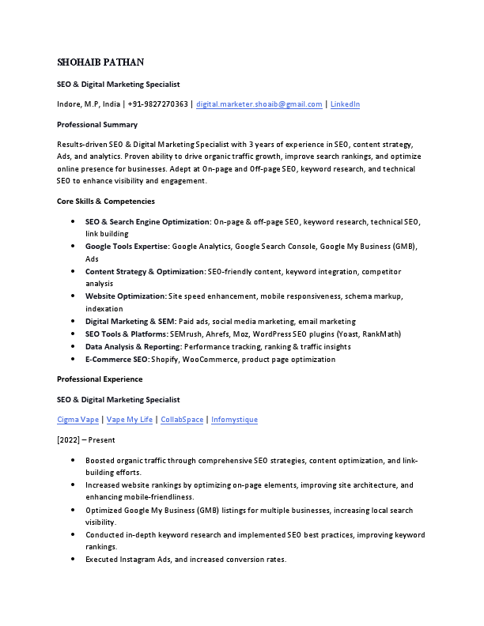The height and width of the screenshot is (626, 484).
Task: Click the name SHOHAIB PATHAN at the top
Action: (x=100, y=62)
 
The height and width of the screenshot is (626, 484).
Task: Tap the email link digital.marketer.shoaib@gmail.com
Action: (x=259, y=104)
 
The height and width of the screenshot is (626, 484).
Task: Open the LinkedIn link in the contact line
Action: (x=345, y=104)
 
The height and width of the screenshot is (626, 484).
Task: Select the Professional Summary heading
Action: (x=97, y=125)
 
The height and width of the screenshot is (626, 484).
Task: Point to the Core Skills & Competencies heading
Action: (x=106, y=202)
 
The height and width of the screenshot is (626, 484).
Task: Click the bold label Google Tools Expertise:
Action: (x=127, y=247)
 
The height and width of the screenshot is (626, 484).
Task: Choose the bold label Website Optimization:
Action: (x=126, y=296)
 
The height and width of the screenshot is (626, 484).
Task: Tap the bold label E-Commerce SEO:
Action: (x=117, y=360)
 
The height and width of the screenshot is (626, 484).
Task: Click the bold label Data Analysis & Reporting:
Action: (x=134, y=347)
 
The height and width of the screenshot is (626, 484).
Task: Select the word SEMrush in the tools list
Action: (x=186, y=334)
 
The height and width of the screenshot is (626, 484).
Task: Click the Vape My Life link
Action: (x=129, y=420)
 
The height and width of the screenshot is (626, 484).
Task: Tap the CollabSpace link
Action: (x=182, y=420)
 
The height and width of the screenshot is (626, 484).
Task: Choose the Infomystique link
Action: (x=234, y=420)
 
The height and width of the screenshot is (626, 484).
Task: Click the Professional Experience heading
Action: (x=100, y=379)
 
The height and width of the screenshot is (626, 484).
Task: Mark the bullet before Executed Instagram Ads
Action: (x=74, y=560)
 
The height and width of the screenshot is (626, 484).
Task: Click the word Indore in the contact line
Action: (x=68, y=104)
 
